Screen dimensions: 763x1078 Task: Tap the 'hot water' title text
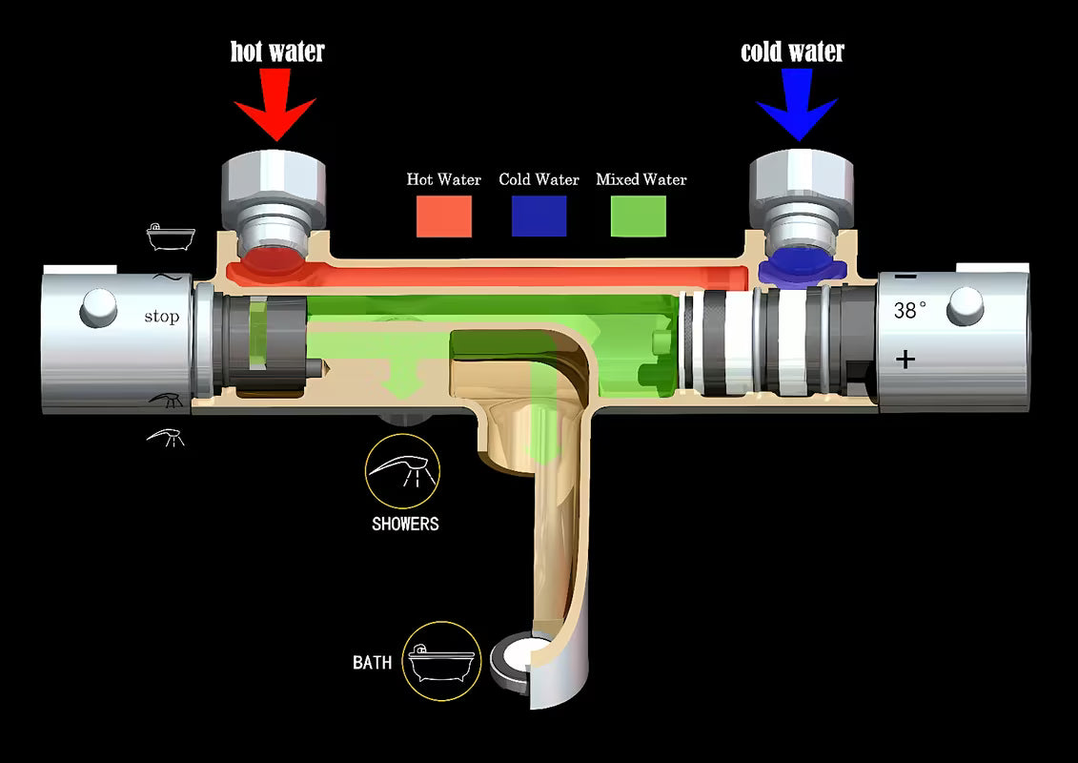pyautogui.click(x=277, y=52)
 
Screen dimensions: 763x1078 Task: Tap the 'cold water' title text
pyautogui.click(x=793, y=52)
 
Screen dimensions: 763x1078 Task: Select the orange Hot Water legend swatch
pyautogui.click(x=443, y=216)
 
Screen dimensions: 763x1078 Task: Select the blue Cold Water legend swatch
pyautogui.click(x=539, y=216)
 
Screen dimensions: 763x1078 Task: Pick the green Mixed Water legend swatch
pyautogui.click(x=639, y=216)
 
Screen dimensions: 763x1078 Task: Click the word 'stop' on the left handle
pyautogui.click(x=161, y=317)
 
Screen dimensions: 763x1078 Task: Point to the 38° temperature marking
pyautogui.click(x=909, y=310)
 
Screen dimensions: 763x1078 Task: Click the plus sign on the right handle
pyautogui.click(x=905, y=359)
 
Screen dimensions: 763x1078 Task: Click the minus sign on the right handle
pyautogui.click(x=905, y=278)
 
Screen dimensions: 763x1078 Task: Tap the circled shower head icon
pyautogui.click(x=402, y=470)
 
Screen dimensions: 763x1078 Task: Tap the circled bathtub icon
pyautogui.click(x=440, y=661)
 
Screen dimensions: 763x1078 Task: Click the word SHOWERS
pyautogui.click(x=405, y=524)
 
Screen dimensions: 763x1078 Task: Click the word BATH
pyautogui.click(x=372, y=662)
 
